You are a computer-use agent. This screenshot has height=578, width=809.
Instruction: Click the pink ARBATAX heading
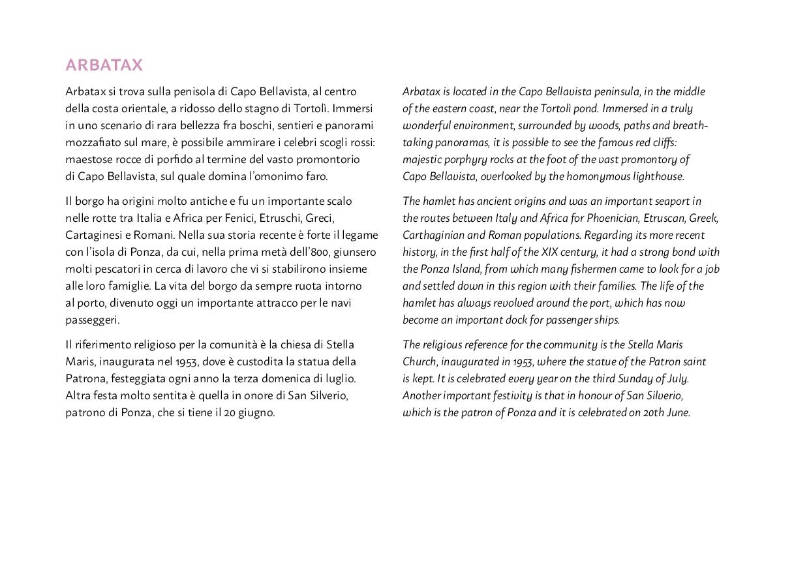point(104,65)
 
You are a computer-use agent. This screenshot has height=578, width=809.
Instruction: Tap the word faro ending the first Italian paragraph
point(316,176)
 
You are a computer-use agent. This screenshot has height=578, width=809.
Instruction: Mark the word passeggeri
point(92,320)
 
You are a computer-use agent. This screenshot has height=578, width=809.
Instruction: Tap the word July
point(675,378)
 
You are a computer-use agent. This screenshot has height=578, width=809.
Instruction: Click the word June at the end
point(678,412)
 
